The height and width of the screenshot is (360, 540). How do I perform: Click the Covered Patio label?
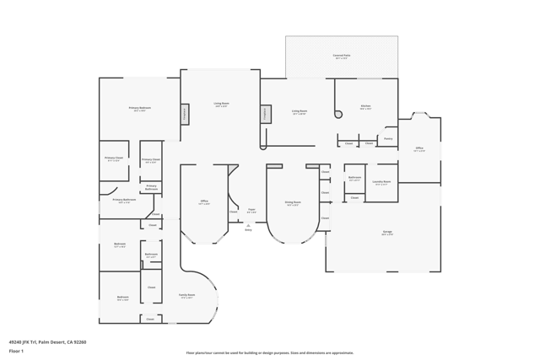point(342,56)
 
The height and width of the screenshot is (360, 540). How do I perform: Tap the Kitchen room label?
point(365,107)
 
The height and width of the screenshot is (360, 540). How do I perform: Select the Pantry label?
point(388,138)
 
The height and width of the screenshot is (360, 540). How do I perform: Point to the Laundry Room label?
point(381,182)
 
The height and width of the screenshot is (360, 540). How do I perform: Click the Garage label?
point(387,232)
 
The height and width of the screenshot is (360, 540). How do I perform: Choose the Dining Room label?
point(293,203)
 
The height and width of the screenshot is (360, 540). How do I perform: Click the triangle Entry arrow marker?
point(248,225)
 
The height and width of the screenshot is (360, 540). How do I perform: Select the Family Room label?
point(187,296)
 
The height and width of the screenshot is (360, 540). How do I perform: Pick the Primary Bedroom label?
point(140,109)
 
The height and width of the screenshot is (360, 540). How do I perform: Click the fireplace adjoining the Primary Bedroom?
point(184,114)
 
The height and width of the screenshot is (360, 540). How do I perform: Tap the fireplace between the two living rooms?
point(265,114)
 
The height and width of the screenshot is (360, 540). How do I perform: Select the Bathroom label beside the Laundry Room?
point(355,178)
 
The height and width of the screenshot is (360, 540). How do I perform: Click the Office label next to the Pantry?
point(419,149)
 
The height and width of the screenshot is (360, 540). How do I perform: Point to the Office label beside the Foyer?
point(204,202)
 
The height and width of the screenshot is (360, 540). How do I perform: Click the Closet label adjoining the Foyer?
point(234,212)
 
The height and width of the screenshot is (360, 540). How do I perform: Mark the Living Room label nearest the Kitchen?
point(300,111)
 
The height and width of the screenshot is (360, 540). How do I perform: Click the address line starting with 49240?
point(47,342)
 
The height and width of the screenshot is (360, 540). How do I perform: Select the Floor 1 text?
point(16,351)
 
